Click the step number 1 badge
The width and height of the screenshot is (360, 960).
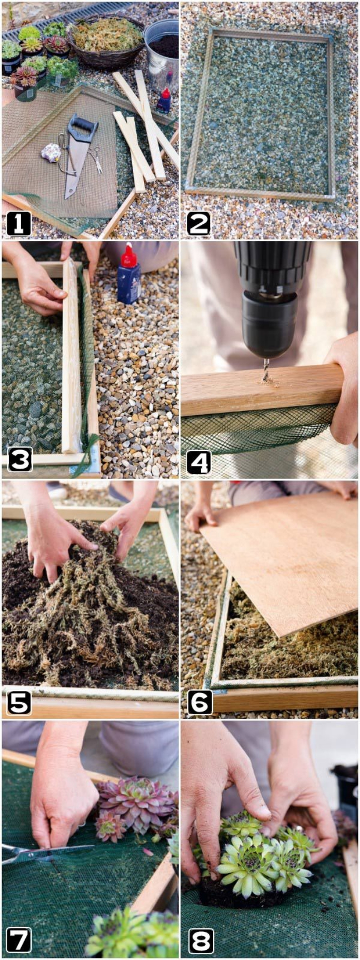19,224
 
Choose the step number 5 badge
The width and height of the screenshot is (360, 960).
19,701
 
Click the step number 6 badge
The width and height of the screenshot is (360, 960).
200,701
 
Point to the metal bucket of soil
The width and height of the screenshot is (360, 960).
161,49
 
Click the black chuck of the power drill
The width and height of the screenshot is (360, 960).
269,321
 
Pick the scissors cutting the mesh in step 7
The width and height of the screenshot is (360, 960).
44,852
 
